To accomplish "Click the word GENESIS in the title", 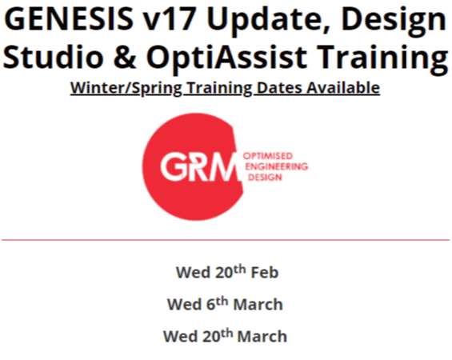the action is [69, 18].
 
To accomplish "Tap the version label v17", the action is [170, 19].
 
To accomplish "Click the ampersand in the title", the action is [125, 57].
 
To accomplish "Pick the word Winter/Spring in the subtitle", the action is [126, 88].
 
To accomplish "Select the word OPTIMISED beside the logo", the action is [268, 156].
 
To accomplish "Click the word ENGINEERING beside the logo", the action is [277, 166].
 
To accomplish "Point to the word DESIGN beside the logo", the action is [265, 177].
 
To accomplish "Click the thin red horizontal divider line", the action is [226, 239].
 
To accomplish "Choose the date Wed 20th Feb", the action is [227, 272].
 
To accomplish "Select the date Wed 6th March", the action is [225, 304].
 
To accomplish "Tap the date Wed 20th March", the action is [225, 336].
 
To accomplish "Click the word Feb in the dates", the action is [265, 272].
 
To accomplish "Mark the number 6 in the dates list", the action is [211, 305].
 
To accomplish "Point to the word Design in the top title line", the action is [394, 20].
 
